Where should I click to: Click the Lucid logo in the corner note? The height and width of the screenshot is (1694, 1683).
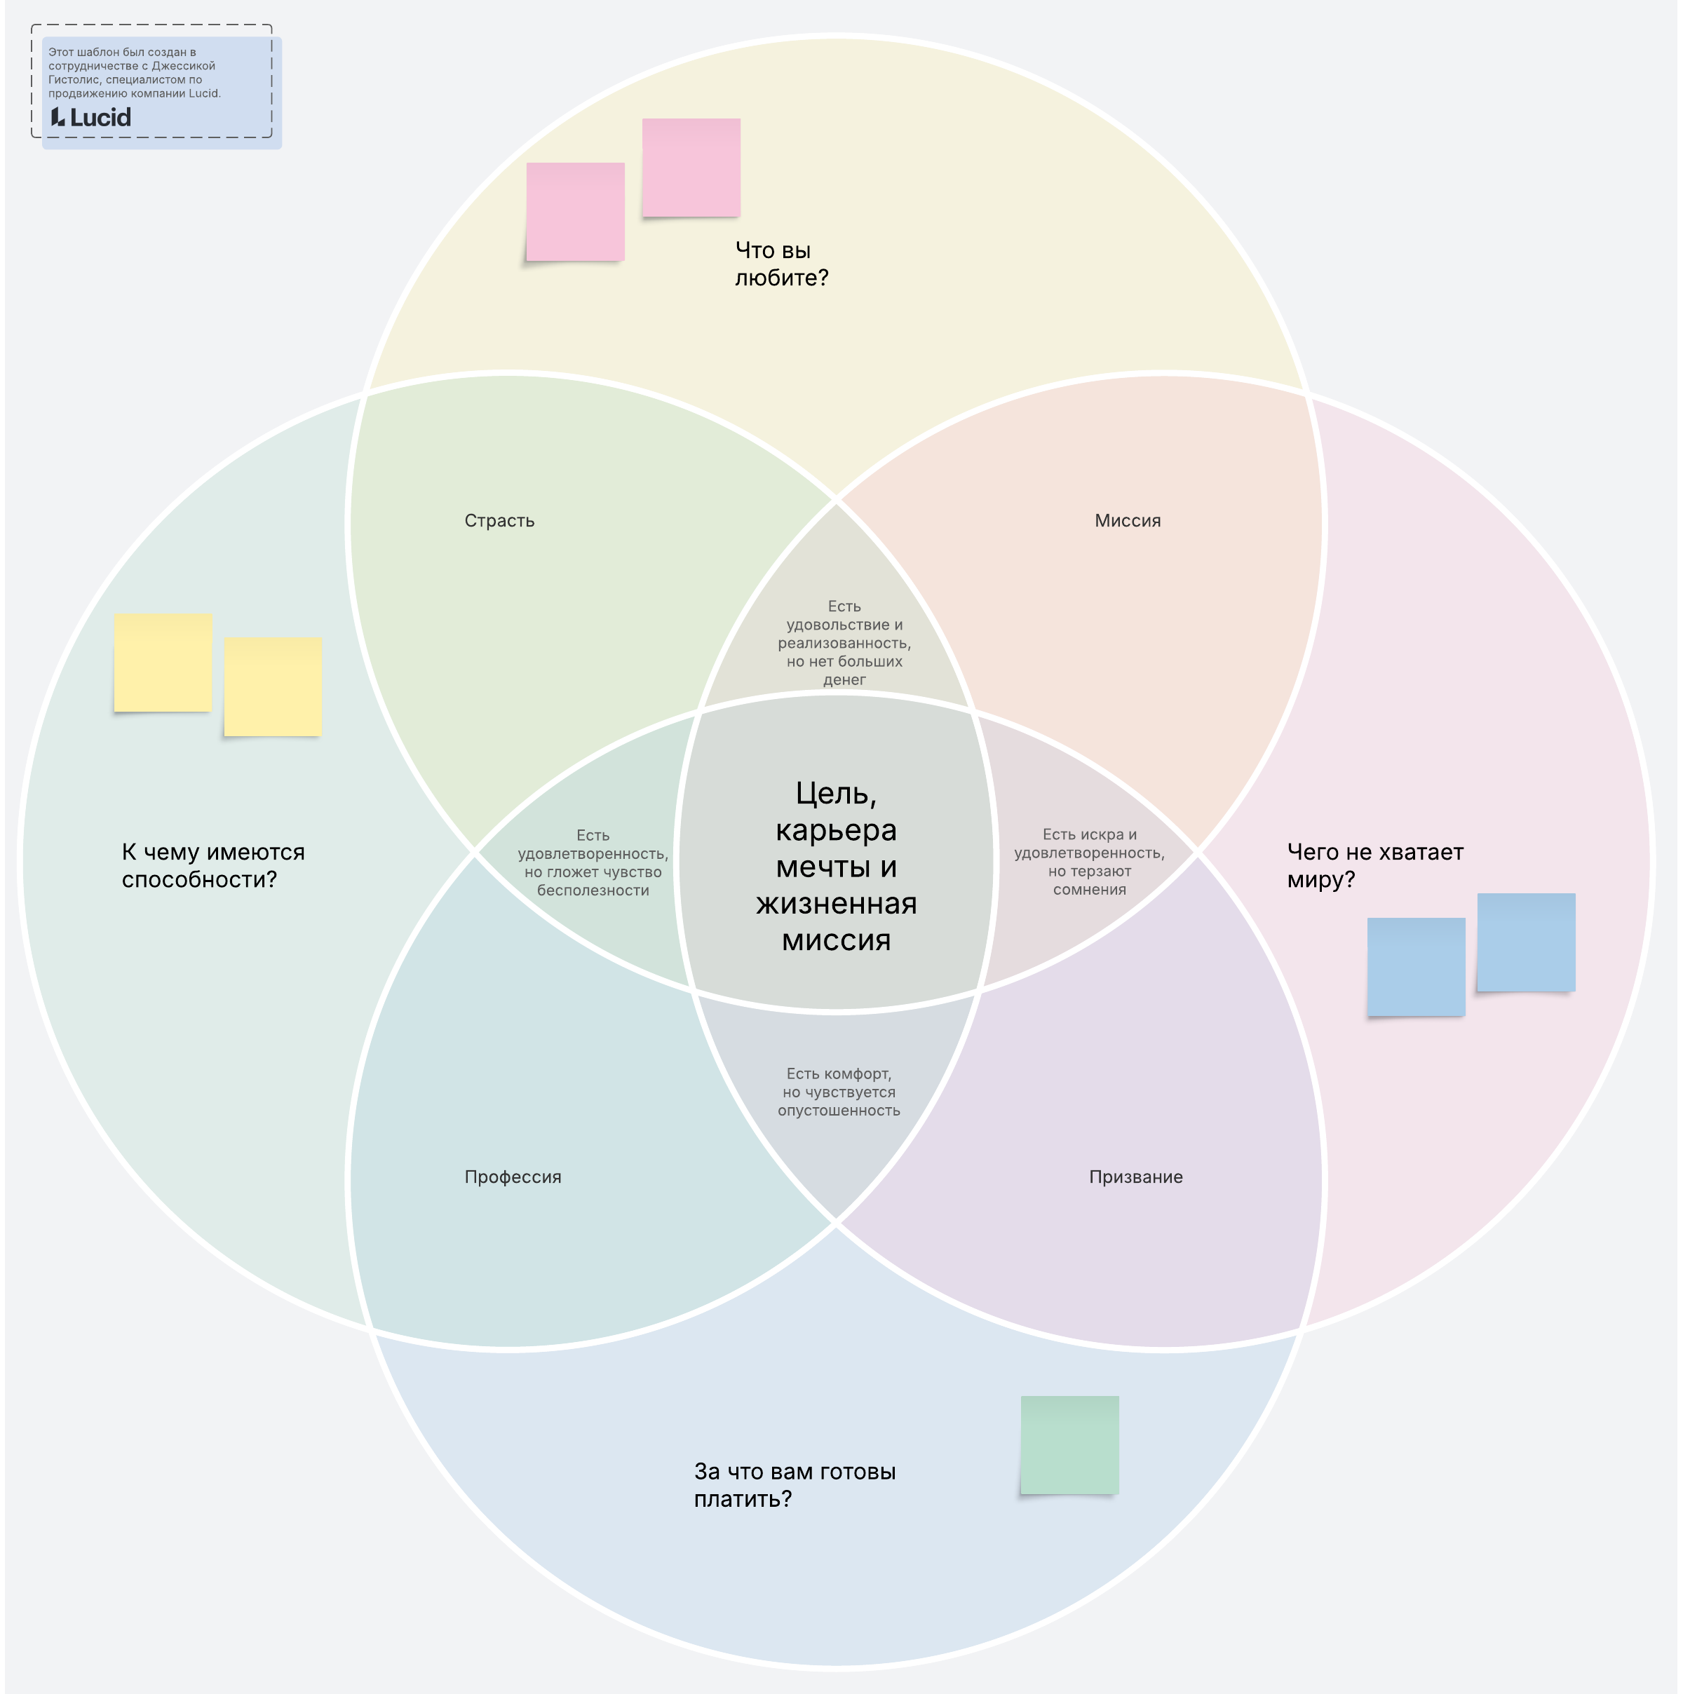(x=91, y=118)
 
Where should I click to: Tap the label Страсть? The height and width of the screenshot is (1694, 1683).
(x=499, y=521)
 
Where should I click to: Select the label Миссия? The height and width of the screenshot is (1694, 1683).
(x=1127, y=521)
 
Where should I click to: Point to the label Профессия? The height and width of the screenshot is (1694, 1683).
(x=512, y=1177)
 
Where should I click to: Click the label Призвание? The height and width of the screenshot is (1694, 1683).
(x=1135, y=1177)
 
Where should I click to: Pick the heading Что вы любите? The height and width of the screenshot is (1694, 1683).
(x=780, y=264)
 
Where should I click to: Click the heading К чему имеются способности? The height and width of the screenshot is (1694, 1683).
(x=213, y=865)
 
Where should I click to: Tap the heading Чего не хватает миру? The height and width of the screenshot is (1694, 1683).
(x=1374, y=865)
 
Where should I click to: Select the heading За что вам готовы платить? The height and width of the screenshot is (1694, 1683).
(x=794, y=1485)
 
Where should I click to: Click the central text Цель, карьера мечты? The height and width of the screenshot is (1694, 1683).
(x=836, y=867)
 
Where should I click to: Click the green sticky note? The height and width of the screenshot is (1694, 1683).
(x=1069, y=1445)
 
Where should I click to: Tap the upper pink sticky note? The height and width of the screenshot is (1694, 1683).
(x=691, y=168)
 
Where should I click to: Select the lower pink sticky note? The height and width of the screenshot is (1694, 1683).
(x=575, y=211)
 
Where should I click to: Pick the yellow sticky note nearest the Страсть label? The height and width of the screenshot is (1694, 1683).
(x=273, y=686)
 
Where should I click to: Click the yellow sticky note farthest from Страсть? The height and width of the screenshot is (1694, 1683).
(x=163, y=662)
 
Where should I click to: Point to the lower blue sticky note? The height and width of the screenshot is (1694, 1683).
(x=1416, y=967)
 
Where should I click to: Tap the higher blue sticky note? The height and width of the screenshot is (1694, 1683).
(x=1526, y=942)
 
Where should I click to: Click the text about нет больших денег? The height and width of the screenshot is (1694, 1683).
(x=844, y=643)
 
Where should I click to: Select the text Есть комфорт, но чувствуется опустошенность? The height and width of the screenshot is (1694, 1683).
(x=839, y=1092)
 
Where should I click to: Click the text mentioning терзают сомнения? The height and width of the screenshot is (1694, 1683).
(x=1089, y=862)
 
